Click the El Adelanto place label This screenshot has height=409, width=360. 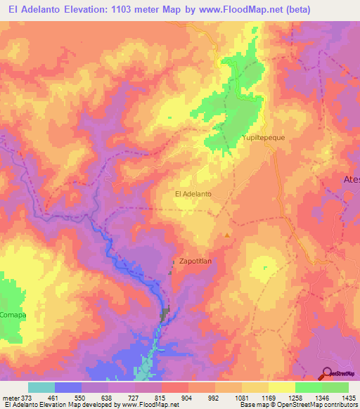(x=192, y=193)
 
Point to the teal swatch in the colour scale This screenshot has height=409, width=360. (x=41, y=387)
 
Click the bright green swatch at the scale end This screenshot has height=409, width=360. (x=335, y=387)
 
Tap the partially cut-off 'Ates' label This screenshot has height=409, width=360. (x=351, y=180)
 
